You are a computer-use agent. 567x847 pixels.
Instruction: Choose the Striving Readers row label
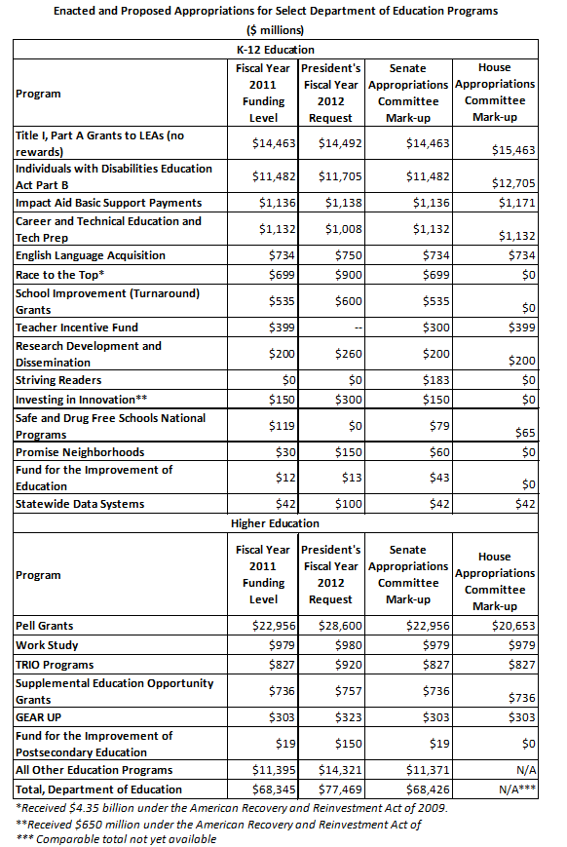pos(58,380)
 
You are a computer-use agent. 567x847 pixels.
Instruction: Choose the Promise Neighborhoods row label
pos(80,452)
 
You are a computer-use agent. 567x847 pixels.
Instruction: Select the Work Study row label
pos(48,644)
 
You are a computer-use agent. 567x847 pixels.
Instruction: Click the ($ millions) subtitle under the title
pos(283,30)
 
